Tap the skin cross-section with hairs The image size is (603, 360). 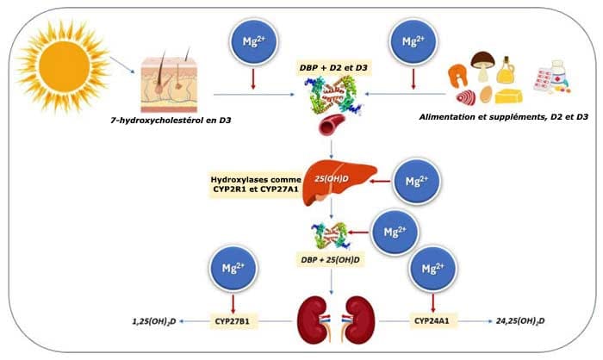tap(169, 81)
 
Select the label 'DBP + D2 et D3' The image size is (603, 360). tap(333, 68)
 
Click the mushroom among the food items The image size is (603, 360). tap(483, 65)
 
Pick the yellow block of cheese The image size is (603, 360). tap(508, 96)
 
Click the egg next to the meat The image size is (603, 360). tap(486, 94)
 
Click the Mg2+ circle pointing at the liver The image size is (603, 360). tap(417, 181)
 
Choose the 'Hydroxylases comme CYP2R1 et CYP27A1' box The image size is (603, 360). tap(255, 184)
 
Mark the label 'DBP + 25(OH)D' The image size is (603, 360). tap(330, 259)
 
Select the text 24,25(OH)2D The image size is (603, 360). tap(520, 321)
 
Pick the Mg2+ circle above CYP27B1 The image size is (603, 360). tap(233, 268)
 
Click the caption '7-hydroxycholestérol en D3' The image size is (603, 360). tap(171, 121)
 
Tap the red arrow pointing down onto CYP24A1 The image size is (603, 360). tap(433, 303)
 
